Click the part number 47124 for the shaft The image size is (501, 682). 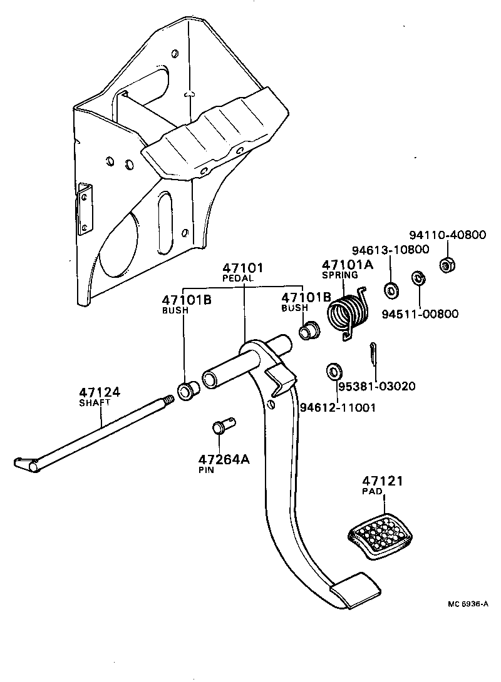99,392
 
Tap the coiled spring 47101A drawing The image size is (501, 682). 349,313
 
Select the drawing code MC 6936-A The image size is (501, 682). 467,604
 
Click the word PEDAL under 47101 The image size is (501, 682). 239,277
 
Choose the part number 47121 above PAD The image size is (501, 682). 382,481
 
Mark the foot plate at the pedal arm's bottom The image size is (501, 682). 355,589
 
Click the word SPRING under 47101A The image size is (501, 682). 339,275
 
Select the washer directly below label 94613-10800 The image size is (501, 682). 392,290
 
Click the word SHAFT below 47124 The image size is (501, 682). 95,403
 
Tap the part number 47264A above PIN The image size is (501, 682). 224,459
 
